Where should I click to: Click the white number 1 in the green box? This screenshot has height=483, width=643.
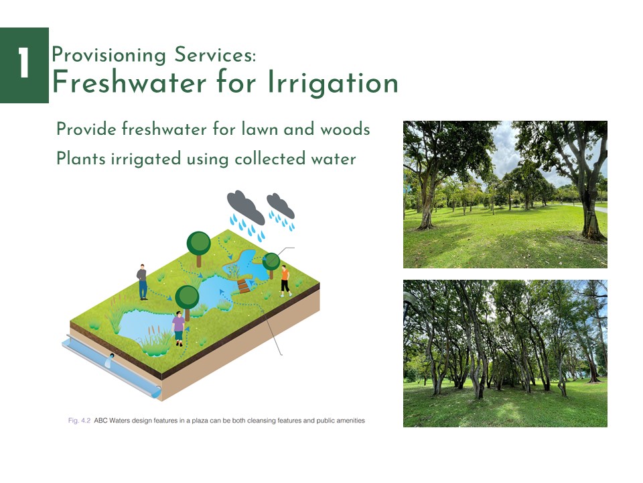(24, 62)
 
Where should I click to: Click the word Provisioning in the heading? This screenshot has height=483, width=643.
(109, 56)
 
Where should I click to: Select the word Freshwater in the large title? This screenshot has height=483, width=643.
(129, 81)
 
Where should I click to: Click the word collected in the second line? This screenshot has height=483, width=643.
(270, 159)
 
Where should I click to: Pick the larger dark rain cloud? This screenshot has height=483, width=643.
(246, 207)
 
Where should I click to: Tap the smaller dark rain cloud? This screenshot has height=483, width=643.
(281, 205)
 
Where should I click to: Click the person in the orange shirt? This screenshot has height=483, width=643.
(285, 281)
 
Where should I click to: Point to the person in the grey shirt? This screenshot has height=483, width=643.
(142, 282)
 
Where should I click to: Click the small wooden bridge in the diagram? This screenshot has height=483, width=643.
(244, 286)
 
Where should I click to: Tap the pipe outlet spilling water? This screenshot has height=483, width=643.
(110, 360)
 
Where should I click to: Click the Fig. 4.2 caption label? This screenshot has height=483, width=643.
(79, 421)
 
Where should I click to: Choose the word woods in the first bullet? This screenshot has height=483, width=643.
(346, 129)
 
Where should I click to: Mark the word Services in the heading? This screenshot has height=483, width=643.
(215, 54)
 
